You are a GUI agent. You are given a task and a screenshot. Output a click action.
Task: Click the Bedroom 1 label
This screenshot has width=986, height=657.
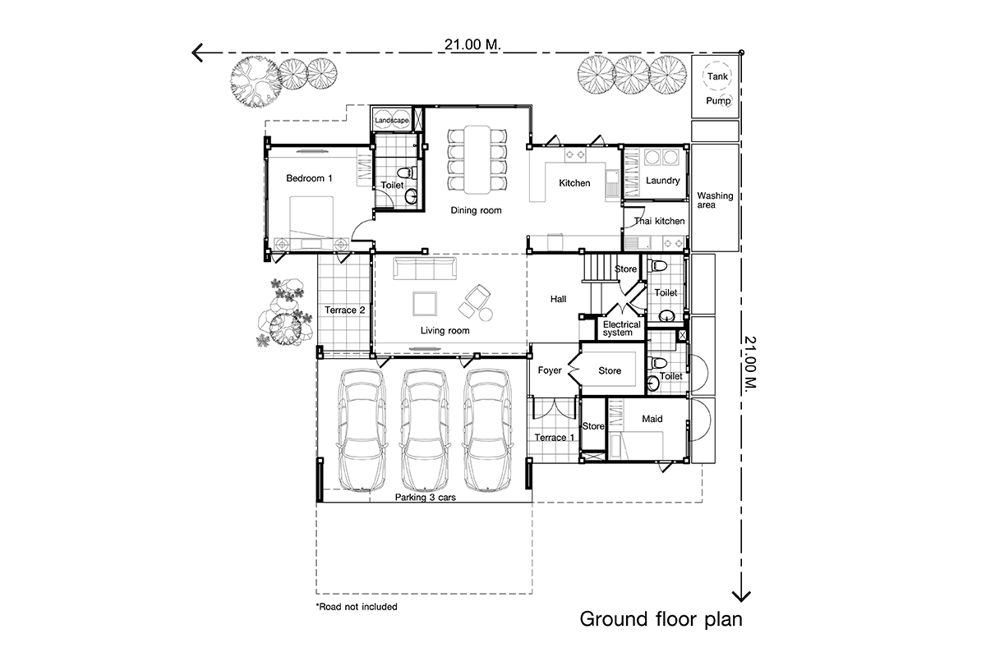click(309, 178)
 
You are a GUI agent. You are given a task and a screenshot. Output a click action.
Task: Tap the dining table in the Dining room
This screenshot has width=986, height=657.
click(477, 160)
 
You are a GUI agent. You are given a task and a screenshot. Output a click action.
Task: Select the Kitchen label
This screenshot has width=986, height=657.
click(574, 183)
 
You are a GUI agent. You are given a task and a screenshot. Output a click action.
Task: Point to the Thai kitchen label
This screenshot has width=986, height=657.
click(659, 221)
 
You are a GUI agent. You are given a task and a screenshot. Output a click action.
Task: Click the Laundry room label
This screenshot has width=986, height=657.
click(662, 181)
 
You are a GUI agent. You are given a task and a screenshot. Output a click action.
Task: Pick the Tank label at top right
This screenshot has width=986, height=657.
click(717, 76)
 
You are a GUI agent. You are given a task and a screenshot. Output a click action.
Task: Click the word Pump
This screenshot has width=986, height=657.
click(718, 101)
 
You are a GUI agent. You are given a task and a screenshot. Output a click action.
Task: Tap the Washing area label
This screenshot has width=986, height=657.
click(715, 200)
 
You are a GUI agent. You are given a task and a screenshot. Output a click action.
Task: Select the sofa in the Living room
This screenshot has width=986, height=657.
click(425, 269)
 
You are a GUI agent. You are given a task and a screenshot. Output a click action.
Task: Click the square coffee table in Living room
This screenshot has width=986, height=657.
click(425, 304)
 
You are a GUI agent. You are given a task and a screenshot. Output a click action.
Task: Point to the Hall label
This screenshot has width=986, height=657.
click(558, 299)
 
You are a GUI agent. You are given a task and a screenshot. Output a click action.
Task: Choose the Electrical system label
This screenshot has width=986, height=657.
click(621, 328)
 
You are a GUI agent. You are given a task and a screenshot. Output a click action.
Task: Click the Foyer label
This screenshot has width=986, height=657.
click(550, 370)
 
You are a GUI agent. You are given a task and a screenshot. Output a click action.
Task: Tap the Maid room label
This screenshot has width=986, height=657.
click(652, 419)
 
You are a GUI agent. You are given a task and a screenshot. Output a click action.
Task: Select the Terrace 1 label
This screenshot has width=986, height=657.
click(554, 438)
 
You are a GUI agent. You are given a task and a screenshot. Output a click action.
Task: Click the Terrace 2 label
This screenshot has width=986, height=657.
click(344, 310)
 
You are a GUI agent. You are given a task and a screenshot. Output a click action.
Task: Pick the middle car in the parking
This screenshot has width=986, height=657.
click(425, 430)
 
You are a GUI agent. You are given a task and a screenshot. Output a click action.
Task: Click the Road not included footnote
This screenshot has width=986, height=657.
click(357, 607)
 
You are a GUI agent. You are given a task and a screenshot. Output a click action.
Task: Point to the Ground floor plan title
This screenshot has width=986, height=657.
click(661, 619)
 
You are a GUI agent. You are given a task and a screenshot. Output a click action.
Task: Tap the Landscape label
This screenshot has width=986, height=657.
click(392, 121)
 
